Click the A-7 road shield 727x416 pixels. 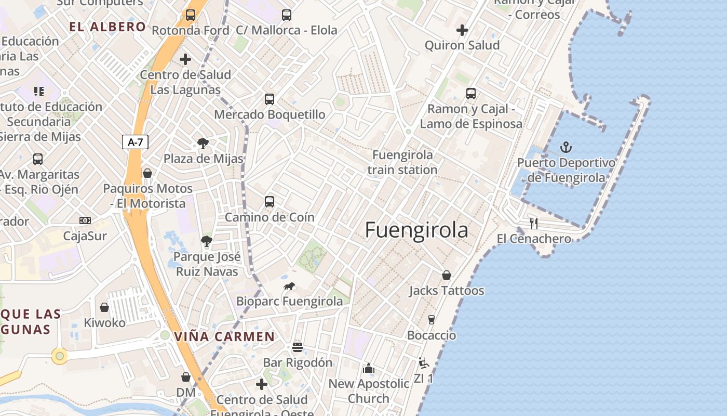point(135,142)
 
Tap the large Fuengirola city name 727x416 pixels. point(416,230)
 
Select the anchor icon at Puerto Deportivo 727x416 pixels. point(566,148)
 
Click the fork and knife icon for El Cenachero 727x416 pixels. point(534,224)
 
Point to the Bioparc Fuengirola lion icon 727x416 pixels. point(290,286)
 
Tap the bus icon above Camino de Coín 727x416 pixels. point(269,202)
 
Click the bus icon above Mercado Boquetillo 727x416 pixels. point(269,99)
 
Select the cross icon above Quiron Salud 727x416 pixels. point(462,30)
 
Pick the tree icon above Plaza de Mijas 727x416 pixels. point(203,144)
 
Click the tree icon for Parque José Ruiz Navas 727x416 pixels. point(207,241)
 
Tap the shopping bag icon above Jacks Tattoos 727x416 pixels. point(447,275)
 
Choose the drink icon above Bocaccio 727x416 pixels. point(431,319)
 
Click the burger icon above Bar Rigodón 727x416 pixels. point(298,347)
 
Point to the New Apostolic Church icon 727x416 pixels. point(369,369)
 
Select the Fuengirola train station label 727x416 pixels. point(402,162)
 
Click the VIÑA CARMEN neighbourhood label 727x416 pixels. point(224,336)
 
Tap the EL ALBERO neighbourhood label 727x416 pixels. point(108,27)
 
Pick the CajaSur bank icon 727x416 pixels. point(85,220)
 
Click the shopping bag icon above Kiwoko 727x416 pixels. point(104,307)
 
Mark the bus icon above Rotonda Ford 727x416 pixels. point(191,15)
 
